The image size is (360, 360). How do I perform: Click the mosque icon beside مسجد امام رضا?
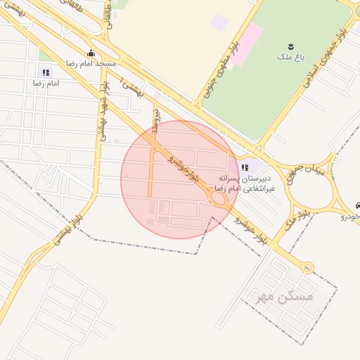pyautogui.click(x=91, y=53)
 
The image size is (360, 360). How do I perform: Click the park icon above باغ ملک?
pyautogui.click(x=291, y=46)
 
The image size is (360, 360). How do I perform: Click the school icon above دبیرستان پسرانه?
pyautogui.click(x=245, y=167)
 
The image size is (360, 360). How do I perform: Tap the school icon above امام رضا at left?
pyautogui.click(x=46, y=72)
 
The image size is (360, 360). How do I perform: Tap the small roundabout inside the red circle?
pyautogui.click(x=218, y=200)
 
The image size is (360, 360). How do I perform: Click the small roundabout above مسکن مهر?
pyautogui.click(x=307, y=267)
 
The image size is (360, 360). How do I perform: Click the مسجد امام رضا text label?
pyautogui.click(x=91, y=63)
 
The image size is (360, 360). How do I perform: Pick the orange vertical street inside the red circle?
pyautogui.click(x=150, y=165)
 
